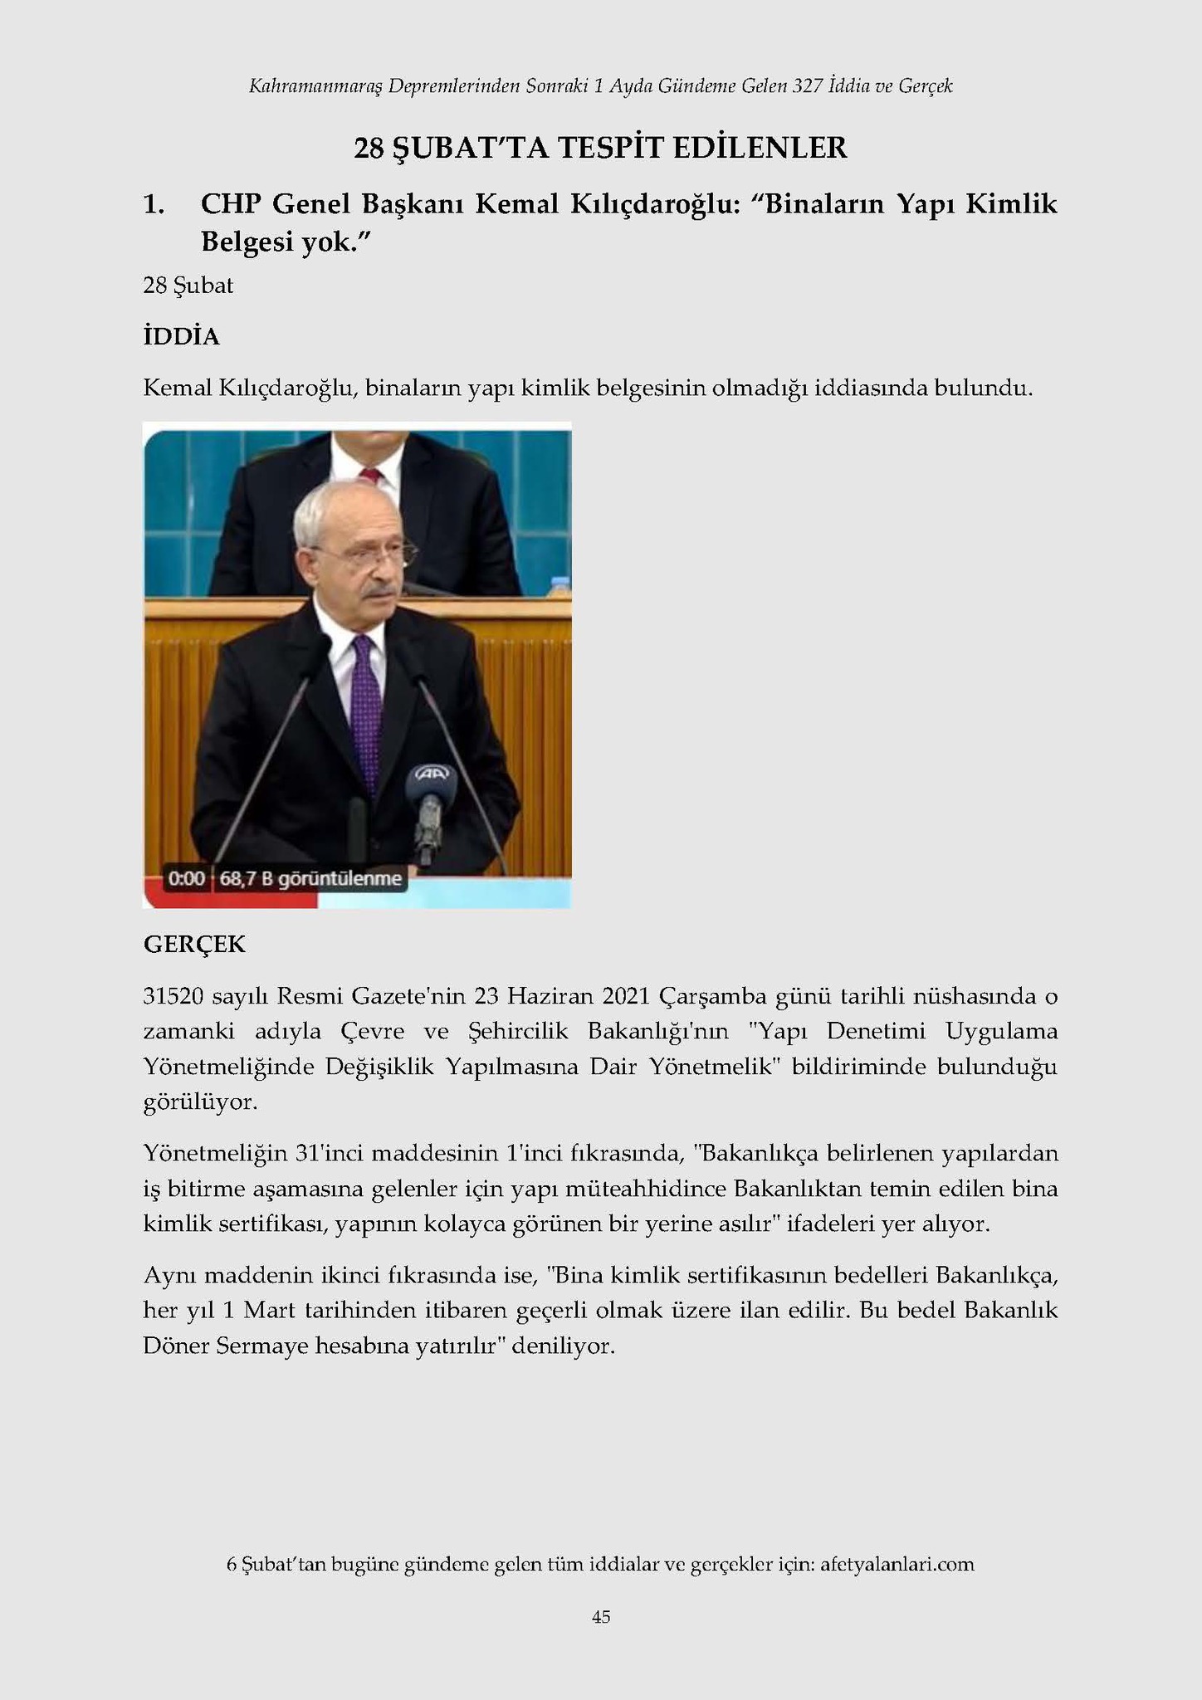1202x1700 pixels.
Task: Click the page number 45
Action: tap(601, 1616)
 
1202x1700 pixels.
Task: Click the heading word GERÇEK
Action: tap(194, 945)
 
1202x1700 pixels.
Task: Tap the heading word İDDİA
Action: tap(181, 337)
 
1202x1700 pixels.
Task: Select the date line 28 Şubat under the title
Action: tap(188, 286)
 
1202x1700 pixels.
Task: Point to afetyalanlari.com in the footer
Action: tap(897, 1564)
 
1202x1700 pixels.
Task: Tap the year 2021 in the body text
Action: tap(632, 995)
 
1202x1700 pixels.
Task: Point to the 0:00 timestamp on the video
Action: tap(186, 878)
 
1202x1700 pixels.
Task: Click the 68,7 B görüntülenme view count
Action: tap(310, 878)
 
